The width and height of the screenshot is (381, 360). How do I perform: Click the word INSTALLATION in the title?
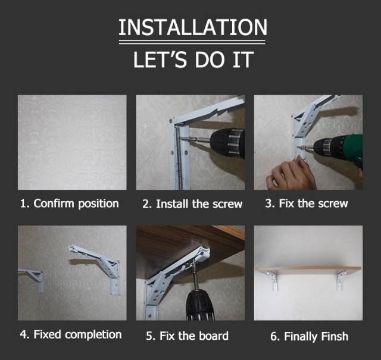[193, 27]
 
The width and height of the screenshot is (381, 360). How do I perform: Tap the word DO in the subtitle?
[209, 60]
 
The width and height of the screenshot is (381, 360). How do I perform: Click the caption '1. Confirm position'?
[70, 204]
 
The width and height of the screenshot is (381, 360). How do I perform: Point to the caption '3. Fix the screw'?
[307, 204]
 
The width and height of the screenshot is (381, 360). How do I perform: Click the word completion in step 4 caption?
[93, 335]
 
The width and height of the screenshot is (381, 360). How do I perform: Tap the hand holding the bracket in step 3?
[291, 173]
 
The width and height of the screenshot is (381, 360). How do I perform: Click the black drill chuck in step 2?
[227, 143]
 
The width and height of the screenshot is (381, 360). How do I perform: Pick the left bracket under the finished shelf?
[273, 280]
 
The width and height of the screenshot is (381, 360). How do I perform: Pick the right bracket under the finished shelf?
[341, 281]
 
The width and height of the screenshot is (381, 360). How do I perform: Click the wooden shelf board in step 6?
[308, 270]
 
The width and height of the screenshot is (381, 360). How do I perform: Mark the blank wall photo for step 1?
[72, 142]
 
